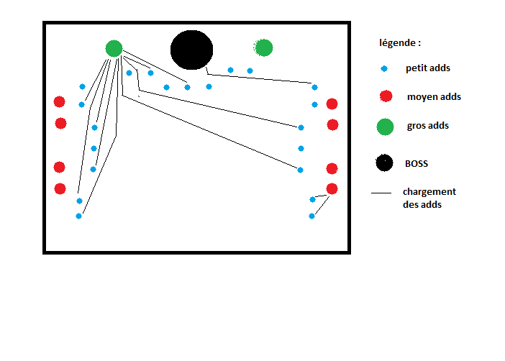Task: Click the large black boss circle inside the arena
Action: pyautogui.click(x=191, y=50)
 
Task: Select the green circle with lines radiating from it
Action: pyautogui.click(x=114, y=49)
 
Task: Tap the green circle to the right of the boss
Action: pyautogui.click(x=263, y=47)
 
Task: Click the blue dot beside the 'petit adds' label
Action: pyautogui.click(x=384, y=68)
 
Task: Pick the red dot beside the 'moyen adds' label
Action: pyautogui.click(x=386, y=96)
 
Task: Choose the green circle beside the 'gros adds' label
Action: pyautogui.click(x=385, y=127)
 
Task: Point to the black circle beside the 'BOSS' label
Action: pyautogui.click(x=385, y=163)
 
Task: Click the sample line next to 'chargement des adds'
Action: pyautogui.click(x=381, y=193)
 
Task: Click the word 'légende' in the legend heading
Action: pyautogui.click(x=397, y=43)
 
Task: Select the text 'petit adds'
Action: pyautogui.click(x=428, y=68)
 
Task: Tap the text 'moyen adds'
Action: pyautogui.click(x=435, y=97)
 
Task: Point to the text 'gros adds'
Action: pyautogui.click(x=428, y=126)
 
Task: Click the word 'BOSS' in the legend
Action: pyautogui.click(x=417, y=163)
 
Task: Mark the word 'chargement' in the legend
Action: pyautogui.click(x=429, y=192)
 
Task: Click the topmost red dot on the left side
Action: pyautogui.click(x=59, y=102)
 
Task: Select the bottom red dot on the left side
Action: pyautogui.click(x=60, y=188)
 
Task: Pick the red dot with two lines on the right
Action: pyautogui.click(x=332, y=189)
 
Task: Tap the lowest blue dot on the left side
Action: pyautogui.click(x=78, y=216)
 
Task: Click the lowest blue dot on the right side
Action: pyautogui.click(x=311, y=216)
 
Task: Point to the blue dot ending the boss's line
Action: pyautogui.click(x=314, y=87)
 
